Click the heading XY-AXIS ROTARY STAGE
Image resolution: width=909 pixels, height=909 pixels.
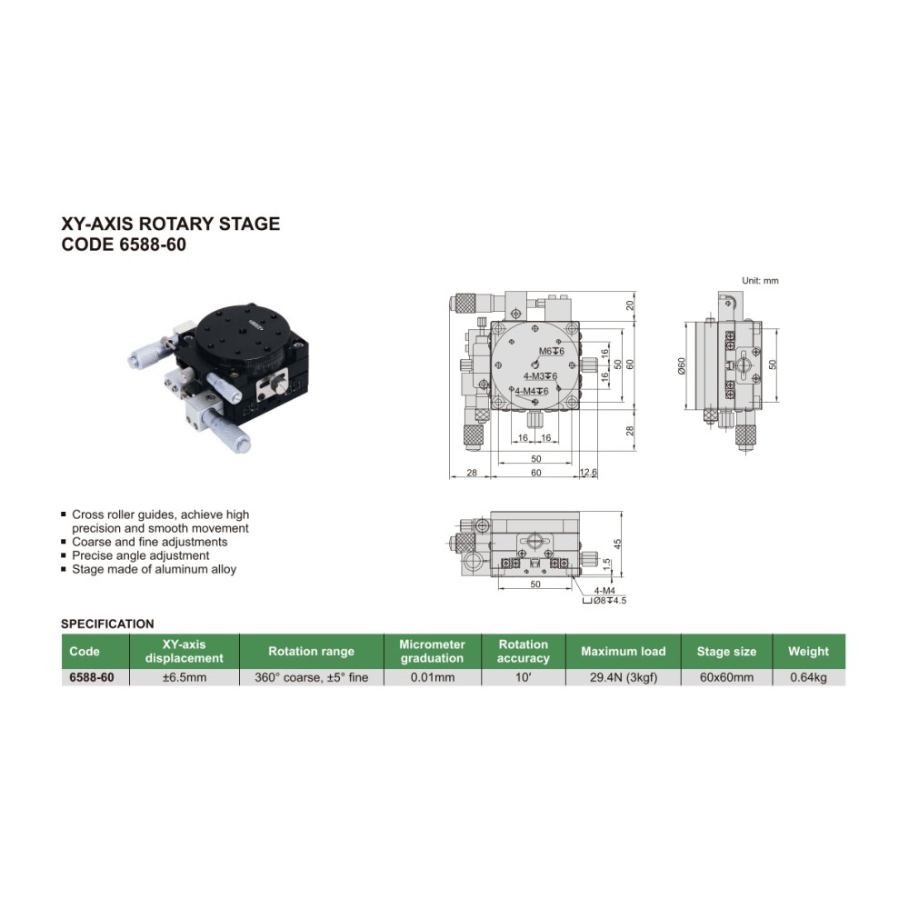(x=171, y=224)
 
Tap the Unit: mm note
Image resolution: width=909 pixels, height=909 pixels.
(x=760, y=281)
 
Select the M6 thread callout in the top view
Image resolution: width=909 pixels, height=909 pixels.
(x=552, y=351)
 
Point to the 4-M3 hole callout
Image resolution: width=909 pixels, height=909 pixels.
(x=540, y=376)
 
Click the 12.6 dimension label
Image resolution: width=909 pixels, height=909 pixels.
(x=588, y=473)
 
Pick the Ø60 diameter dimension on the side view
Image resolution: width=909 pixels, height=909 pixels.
(x=682, y=365)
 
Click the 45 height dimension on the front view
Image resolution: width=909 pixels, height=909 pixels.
(x=617, y=544)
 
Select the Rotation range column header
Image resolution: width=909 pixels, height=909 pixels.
(x=311, y=651)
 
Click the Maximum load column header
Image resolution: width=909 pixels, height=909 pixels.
(x=624, y=651)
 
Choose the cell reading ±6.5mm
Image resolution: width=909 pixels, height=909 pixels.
(x=185, y=677)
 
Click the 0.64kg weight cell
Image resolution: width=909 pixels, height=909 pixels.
(x=808, y=677)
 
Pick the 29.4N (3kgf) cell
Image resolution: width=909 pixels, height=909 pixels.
(x=624, y=677)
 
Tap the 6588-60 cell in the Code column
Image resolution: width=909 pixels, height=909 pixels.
(x=92, y=677)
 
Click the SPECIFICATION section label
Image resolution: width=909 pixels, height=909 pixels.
(x=107, y=624)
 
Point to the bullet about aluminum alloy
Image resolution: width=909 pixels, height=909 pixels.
(x=154, y=569)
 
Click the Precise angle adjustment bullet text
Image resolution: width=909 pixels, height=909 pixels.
(x=140, y=555)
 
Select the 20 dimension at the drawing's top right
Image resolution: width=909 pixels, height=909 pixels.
(x=630, y=305)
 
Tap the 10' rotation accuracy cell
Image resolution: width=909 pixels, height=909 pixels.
(x=523, y=677)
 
